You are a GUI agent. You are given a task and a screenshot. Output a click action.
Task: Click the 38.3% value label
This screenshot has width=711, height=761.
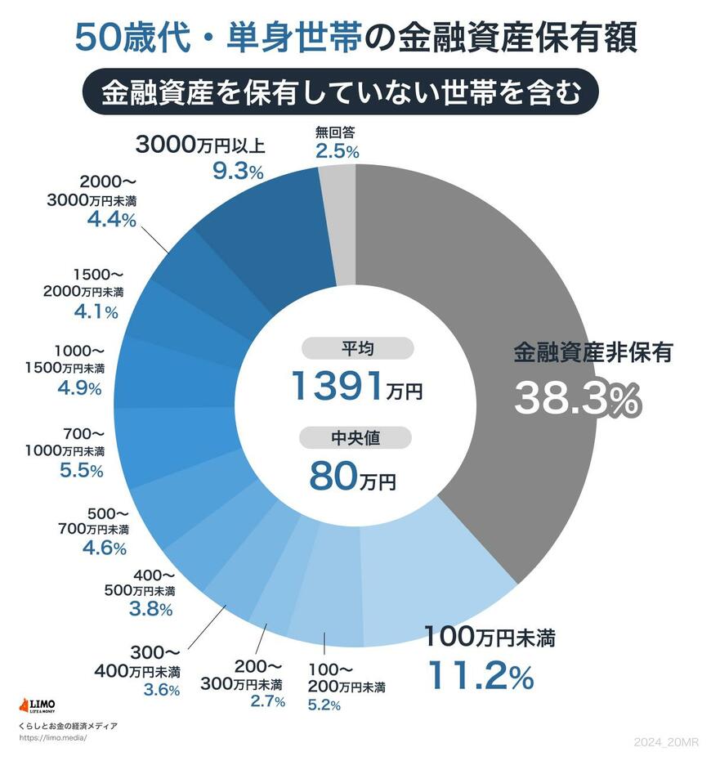point(577,399)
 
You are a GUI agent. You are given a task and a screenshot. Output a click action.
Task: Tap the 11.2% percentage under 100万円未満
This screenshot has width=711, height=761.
point(481,675)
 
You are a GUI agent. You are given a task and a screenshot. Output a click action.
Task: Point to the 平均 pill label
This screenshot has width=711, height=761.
point(357,349)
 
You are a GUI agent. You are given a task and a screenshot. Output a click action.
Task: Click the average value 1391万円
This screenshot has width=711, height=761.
point(357,385)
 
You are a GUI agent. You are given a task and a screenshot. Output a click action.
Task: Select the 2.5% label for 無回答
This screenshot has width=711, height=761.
point(337,151)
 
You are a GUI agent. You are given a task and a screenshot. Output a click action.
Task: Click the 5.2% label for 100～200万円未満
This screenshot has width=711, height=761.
point(324,705)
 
